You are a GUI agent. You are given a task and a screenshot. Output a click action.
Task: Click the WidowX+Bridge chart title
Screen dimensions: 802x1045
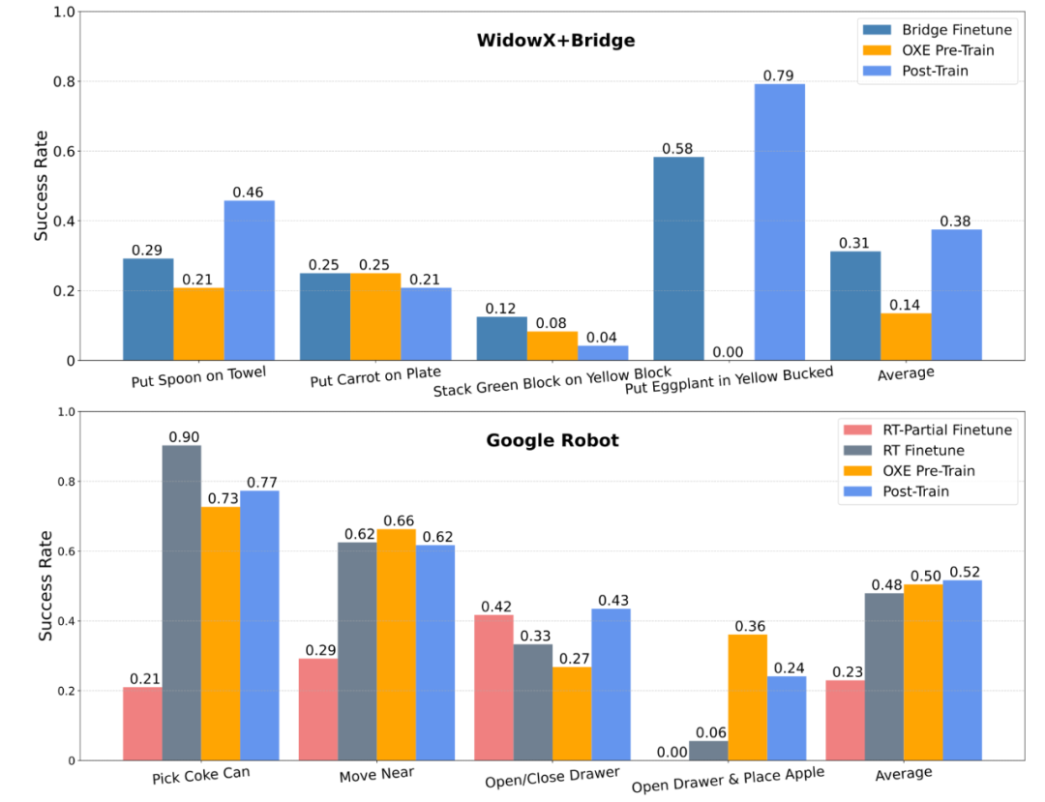click(x=554, y=41)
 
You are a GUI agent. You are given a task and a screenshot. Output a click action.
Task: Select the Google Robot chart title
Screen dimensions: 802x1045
click(x=552, y=440)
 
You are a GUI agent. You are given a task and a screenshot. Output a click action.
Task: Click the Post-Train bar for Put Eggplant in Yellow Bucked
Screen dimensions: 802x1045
click(x=780, y=223)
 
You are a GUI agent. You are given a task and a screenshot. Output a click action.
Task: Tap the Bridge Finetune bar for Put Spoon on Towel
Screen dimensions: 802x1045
click(x=148, y=310)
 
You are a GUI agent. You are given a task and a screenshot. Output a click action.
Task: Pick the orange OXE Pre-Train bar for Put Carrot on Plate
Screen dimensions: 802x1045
click(x=375, y=317)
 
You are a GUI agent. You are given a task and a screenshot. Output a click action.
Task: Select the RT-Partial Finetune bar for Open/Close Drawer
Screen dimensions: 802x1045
click(x=494, y=687)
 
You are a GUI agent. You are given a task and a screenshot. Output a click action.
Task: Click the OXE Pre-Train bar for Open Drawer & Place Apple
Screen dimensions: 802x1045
click(x=747, y=697)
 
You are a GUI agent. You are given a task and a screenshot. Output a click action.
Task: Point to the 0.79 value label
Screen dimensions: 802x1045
click(x=779, y=75)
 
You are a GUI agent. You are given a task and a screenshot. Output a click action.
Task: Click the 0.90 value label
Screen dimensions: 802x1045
click(x=182, y=437)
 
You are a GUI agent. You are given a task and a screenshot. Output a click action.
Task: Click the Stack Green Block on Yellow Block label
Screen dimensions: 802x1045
click(x=552, y=381)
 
